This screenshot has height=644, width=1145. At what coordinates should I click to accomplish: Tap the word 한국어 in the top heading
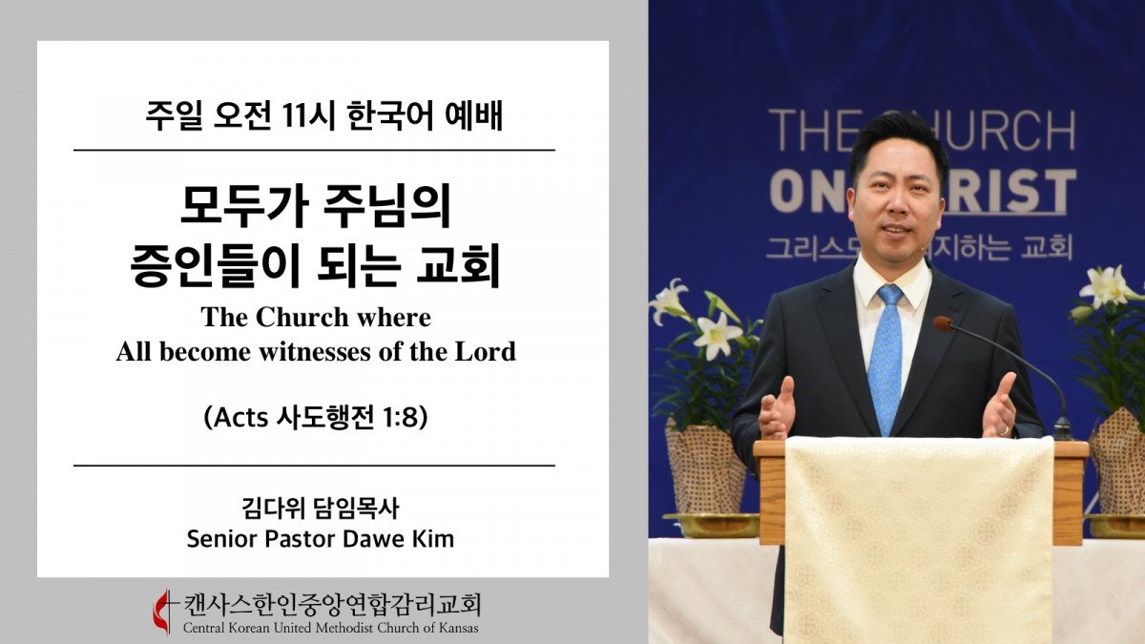(390, 116)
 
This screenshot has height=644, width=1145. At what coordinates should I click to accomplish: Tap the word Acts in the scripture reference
(241, 418)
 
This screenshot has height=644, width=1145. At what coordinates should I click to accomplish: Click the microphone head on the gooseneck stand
(944, 323)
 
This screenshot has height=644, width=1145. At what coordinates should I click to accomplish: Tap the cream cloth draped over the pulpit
(919, 539)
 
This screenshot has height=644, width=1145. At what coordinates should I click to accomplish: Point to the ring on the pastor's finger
(1004, 430)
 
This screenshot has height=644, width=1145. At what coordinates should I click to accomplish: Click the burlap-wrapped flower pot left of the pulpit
(705, 470)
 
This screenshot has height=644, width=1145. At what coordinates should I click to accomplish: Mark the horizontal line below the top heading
(314, 151)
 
